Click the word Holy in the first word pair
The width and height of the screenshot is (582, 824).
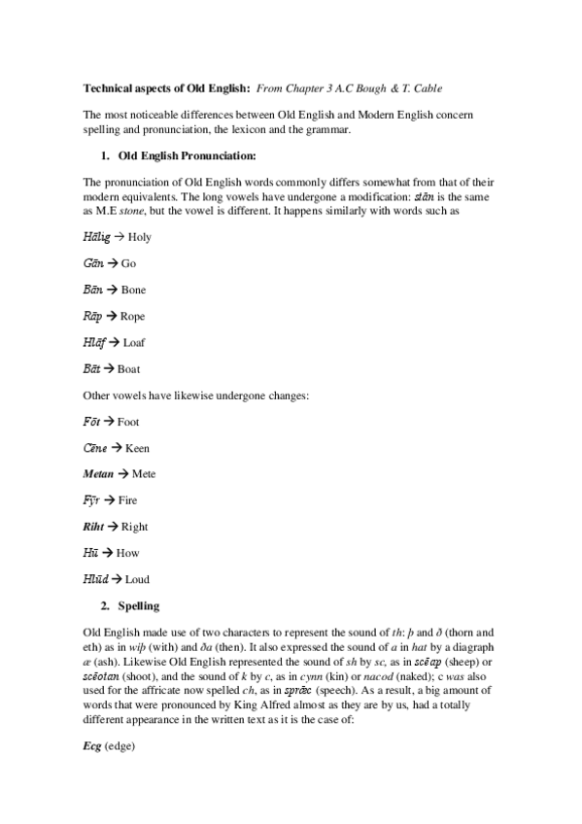point(139,237)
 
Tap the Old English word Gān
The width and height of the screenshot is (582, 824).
point(93,263)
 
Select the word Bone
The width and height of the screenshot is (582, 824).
point(134,290)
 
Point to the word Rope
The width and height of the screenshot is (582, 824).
point(133,316)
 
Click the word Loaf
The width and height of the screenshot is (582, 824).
point(134,342)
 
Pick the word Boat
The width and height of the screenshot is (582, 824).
point(128,369)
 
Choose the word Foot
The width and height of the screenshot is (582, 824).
point(128,422)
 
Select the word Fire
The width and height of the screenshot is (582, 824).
point(126,500)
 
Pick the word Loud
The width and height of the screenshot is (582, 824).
point(137,580)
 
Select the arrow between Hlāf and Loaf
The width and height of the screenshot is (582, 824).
point(115,342)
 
